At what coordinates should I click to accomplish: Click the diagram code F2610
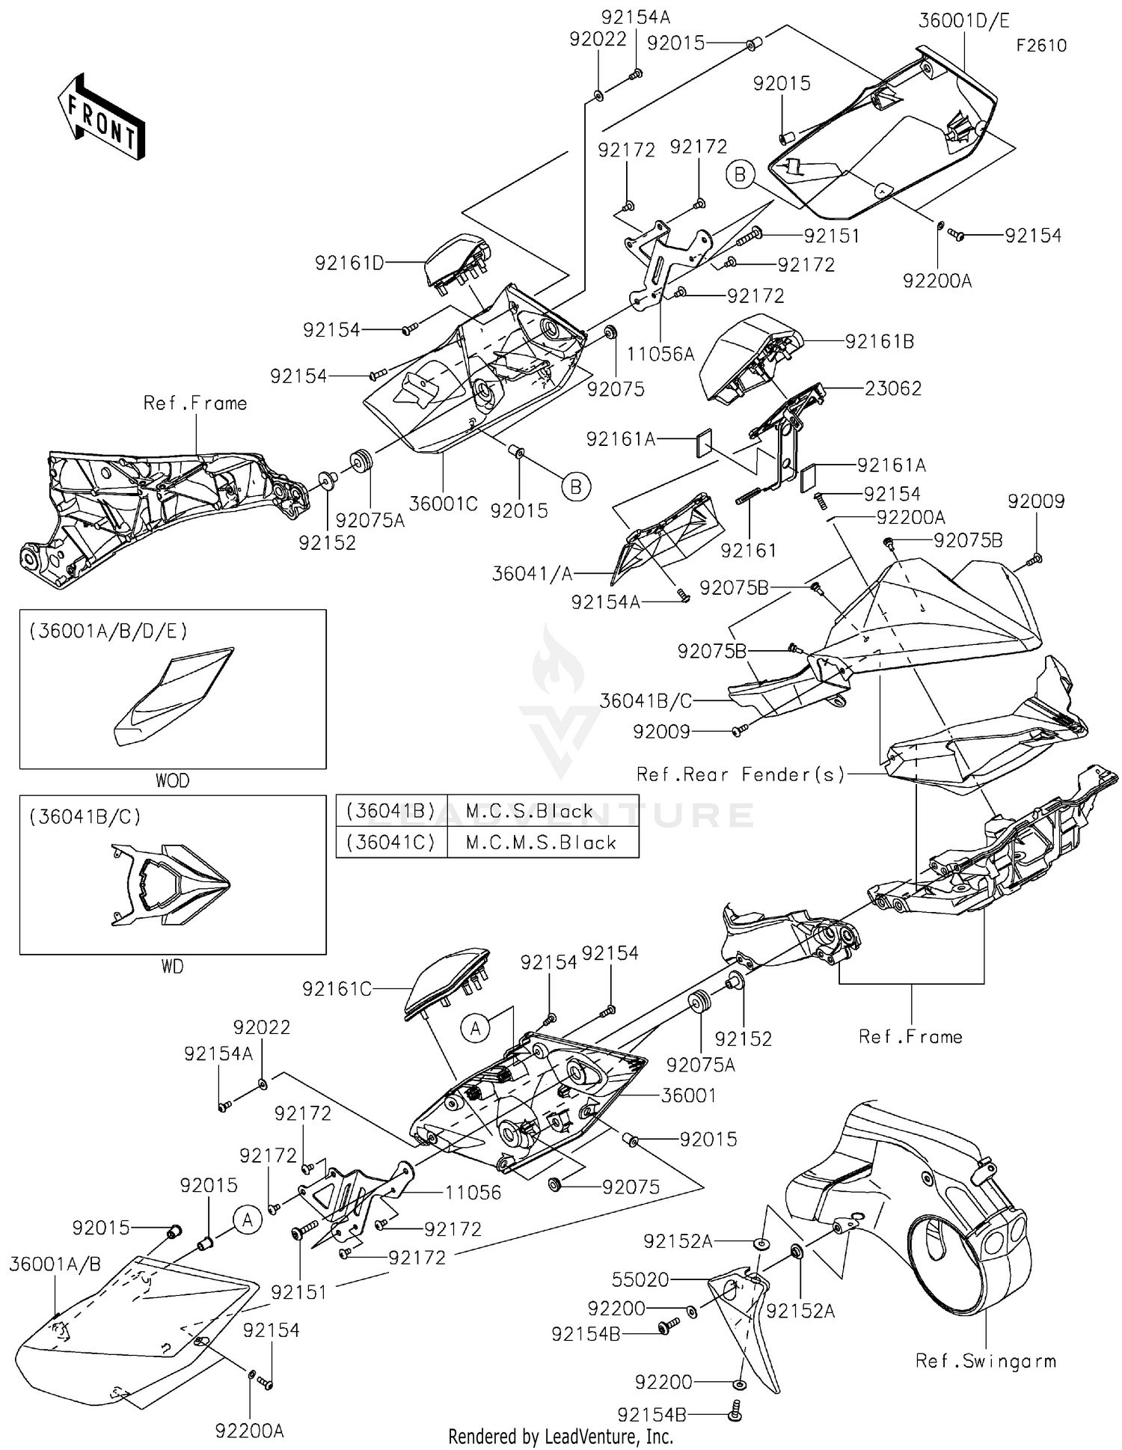1040,46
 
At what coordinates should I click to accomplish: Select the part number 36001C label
444,504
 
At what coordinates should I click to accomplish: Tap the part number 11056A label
660,354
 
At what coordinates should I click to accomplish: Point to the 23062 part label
893,388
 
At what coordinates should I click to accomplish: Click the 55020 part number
640,1279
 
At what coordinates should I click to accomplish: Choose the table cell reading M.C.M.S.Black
542,842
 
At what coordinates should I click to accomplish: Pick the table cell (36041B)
391,811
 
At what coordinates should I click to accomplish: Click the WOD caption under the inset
172,781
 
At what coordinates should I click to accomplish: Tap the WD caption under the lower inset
172,967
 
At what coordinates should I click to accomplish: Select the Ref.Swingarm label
986,1361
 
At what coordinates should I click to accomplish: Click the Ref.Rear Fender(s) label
741,774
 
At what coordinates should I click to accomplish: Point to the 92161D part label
349,263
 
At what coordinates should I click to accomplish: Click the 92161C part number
337,989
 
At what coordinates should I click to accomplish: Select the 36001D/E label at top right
964,20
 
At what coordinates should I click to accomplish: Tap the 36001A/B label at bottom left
55,1264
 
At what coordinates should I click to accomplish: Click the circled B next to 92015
576,487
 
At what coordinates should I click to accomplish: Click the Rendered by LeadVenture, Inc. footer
560,1437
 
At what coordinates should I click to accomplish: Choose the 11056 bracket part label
473,1193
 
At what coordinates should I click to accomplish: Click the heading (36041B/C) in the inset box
85,816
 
